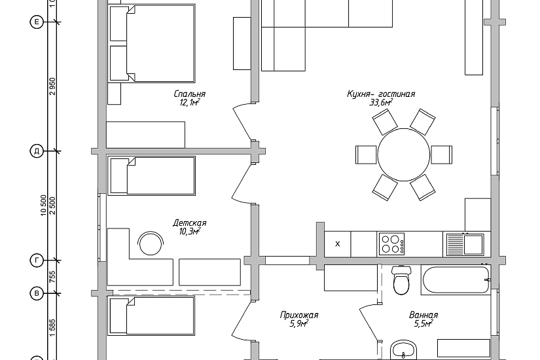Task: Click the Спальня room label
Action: [189, 94]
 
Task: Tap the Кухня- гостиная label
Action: [381, 94]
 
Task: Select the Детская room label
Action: [189, 223]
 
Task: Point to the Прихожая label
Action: [299, 315]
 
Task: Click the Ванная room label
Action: [423, 315]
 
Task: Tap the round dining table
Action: [404, 154]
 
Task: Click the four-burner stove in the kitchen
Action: [391, 244]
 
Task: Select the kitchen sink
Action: [465, 244]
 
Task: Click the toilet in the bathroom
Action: [401, 280]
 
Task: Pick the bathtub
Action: [456, 279]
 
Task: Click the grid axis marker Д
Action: [37, 151]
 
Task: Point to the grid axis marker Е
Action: [37, 22]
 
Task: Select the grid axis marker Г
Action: [37, 261]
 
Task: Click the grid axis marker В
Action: [37, 293]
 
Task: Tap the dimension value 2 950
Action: [52, 86]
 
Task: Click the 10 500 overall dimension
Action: [43, 206]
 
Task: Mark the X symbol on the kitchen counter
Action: [338, 244]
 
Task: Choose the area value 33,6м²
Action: [381, 102]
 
